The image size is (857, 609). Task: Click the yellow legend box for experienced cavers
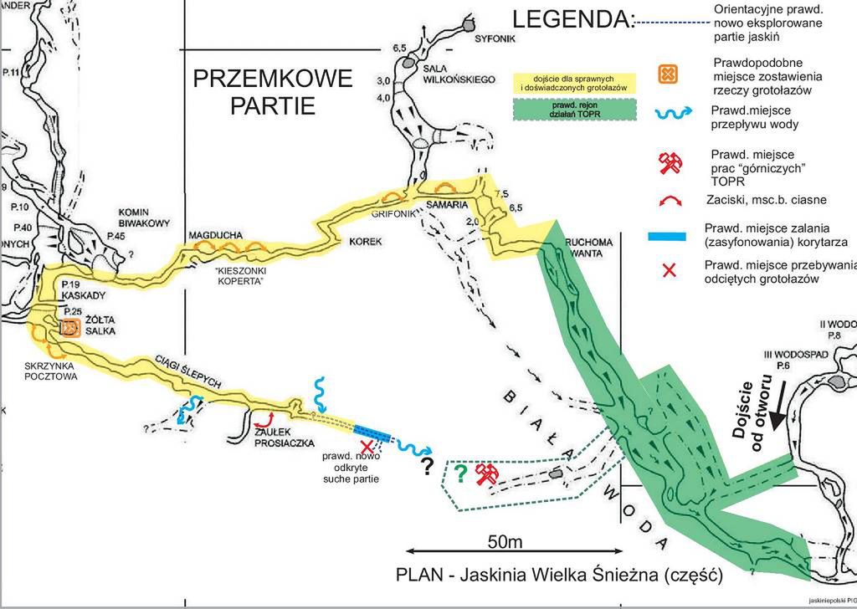pyautogui.click(x=574, y=83)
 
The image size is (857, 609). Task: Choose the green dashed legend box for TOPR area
pyautogui.click(x=574, y=110)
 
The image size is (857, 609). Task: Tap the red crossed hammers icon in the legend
pyautogui.click(x=669, y=163)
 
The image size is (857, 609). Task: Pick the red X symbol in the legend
pyautogui.click(x=669, y=271)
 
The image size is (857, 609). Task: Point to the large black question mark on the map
pyautogui.click(x=428, y=465)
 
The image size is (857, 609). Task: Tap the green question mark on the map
pyautogui.click(x=459, y=473)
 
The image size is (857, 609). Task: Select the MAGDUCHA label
pyautogui.click(x=214, y=234)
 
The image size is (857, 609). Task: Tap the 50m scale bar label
pyautogui.click(x=505, y=542)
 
